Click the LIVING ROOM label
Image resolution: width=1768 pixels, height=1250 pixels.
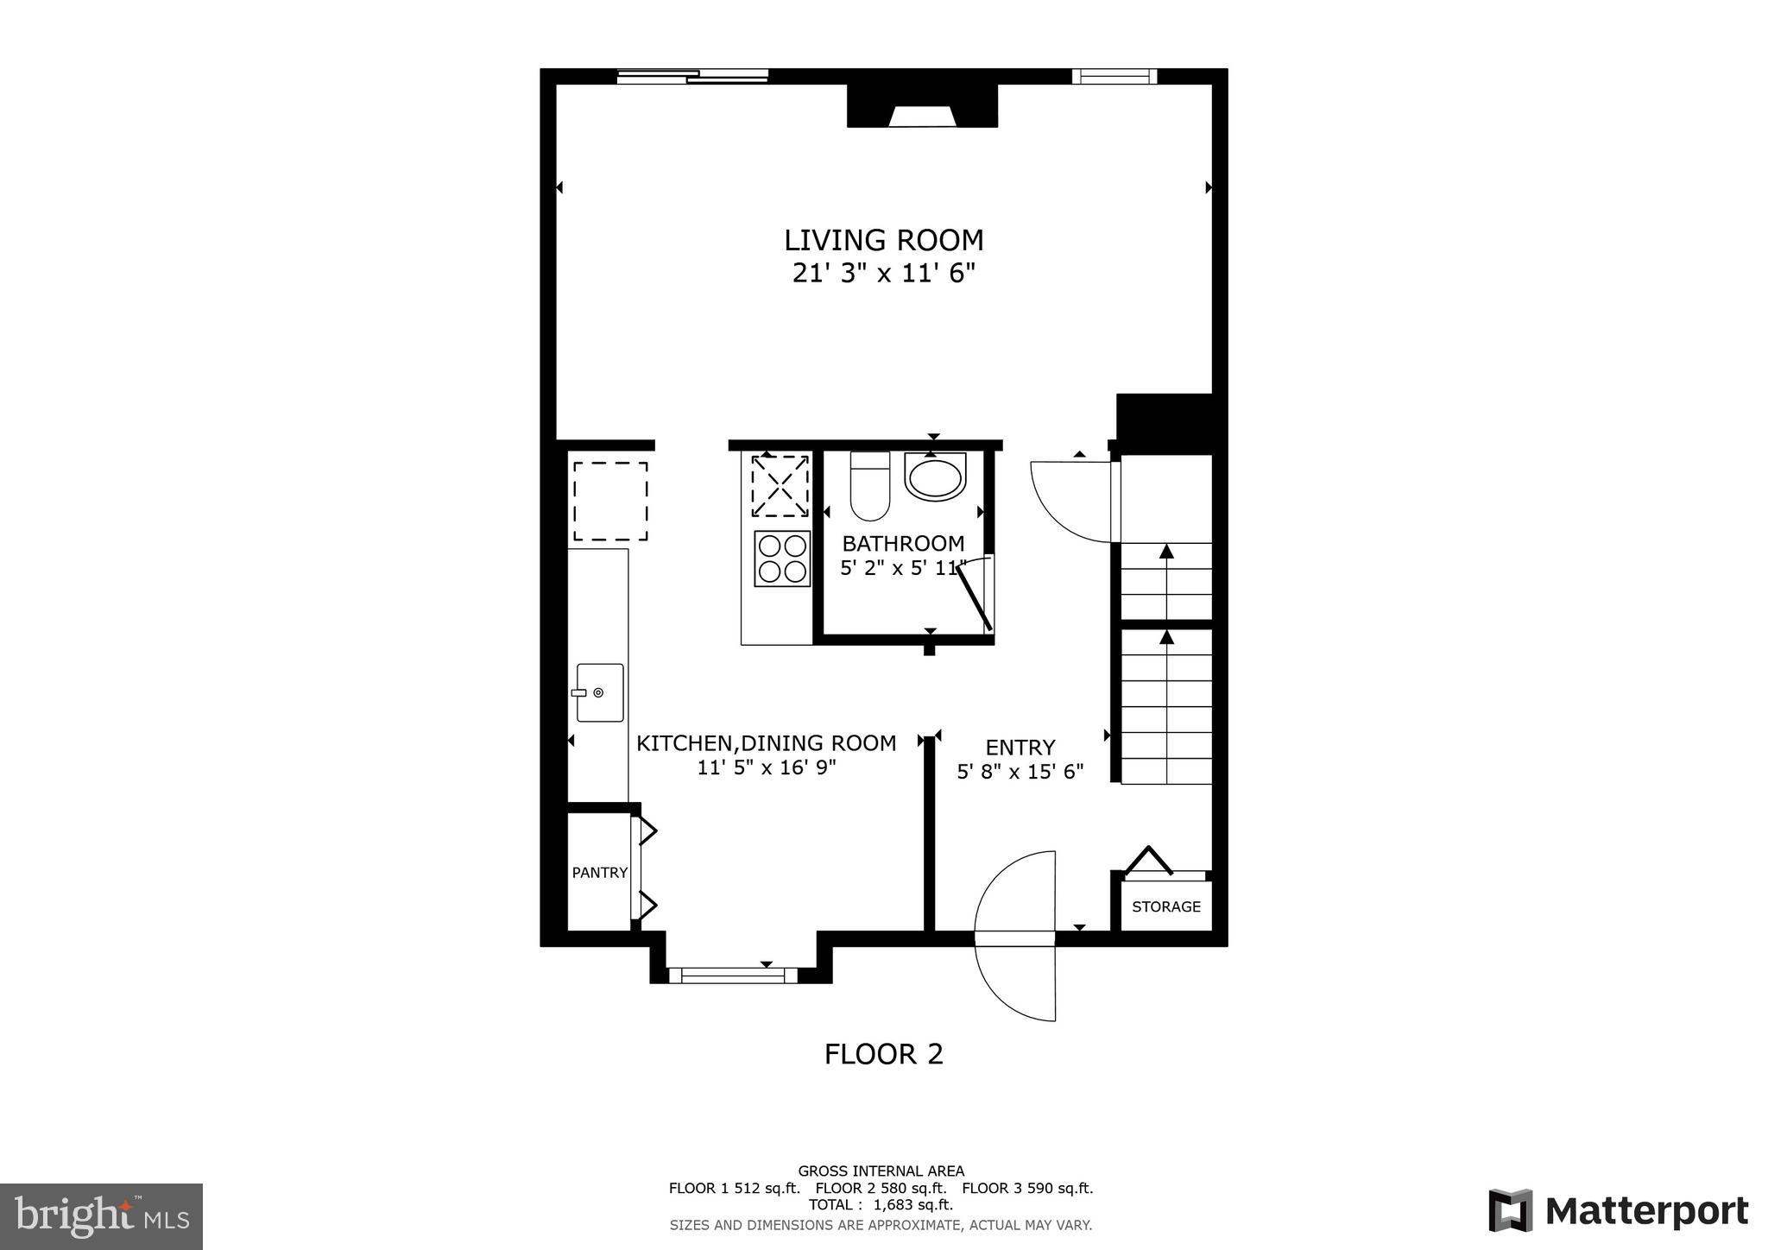[883, 240]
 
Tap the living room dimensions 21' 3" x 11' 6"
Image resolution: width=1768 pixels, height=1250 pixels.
[883, 274]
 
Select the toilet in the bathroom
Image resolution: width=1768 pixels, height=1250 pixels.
[869, 486]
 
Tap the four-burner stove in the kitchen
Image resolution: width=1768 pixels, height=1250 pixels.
[782, 559]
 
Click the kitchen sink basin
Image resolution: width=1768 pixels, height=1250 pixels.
[600, 692]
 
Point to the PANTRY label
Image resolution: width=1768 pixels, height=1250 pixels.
[599, 873]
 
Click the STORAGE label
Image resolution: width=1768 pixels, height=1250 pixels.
[1165, 906]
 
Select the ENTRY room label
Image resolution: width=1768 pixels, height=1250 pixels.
[1020, 748]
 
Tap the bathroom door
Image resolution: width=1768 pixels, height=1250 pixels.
[978, 596]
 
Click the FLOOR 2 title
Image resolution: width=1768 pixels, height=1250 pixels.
[883, 1054]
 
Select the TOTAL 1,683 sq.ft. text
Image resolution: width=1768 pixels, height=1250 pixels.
[881, 1205]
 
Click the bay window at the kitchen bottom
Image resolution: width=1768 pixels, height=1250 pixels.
[732, 975]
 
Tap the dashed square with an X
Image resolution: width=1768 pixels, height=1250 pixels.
[780, 486]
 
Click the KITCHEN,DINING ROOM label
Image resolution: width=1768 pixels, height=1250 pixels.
[766, 743]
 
